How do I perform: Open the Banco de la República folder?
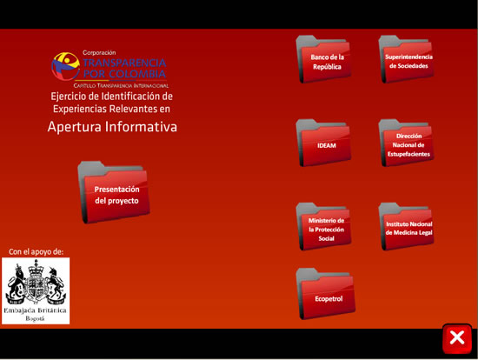coord(324,59)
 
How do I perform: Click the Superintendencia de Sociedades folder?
coord(407,59)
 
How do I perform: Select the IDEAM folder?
coord(324,143)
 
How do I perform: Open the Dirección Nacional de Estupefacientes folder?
coord(407,143)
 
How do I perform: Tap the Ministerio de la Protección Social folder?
coord(324,227)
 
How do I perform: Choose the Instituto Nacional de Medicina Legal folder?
coord(407,227)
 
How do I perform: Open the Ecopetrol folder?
coord(326,294)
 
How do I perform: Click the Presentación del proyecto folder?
coord(114,192)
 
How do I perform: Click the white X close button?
coord(457,338)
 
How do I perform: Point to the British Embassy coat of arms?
coord(36,283)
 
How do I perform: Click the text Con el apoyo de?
coord(36,251)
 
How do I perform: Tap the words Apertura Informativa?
coord(112,127)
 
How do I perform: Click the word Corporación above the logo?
coord(99,52)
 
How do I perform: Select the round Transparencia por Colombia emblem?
coord(65,66)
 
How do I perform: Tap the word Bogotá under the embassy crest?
coord(35,318)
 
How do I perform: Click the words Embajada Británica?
coord(35,310)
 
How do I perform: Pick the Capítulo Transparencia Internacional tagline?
coord(121,86)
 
